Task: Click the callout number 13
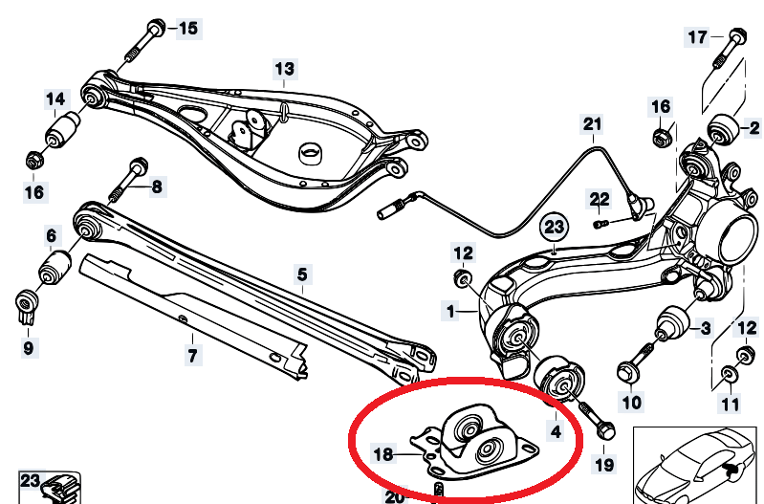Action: click(x=285, y=69)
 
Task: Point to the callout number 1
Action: click(x=449, y=310)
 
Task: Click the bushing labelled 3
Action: click(x=673, y=320)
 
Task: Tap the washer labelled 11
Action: click(x=729, y=373)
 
